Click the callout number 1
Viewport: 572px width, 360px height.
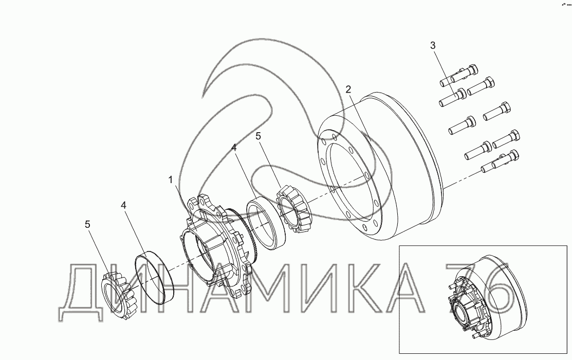pos(170,179)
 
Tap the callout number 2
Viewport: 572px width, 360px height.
pos(348,89)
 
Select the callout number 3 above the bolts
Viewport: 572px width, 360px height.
pos(433,46)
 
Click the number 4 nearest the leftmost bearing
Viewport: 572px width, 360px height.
pos(124,205)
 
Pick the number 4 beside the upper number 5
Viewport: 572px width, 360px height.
pos(234,148)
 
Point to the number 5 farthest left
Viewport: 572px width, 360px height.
pos(87,224)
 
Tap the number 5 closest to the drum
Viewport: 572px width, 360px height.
pos(259,136)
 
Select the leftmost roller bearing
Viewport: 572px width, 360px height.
pos(119,296)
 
